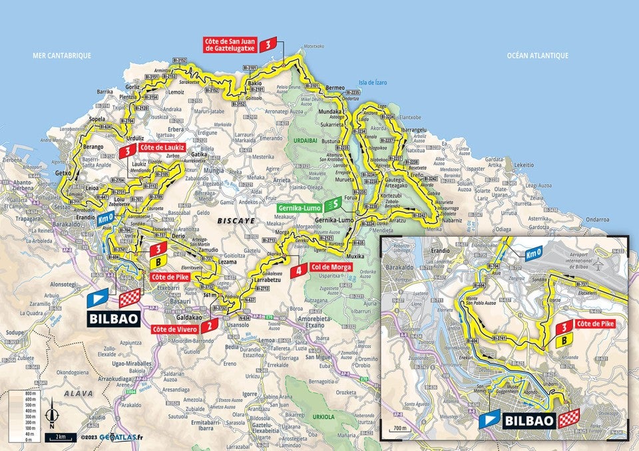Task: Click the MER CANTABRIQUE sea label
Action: click(x=62, y=56)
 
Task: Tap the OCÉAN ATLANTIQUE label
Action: click(x=536, y=56)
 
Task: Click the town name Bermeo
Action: click(x=335, y=88)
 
